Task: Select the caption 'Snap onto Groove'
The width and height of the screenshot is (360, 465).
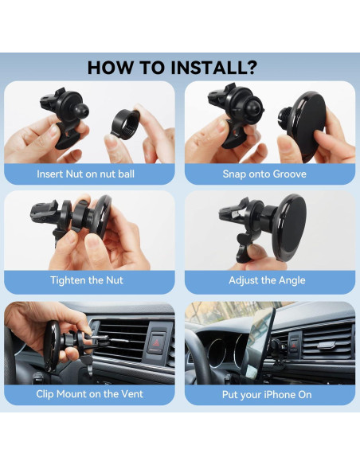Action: point(270,174)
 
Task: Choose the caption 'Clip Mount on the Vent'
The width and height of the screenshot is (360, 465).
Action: point(89,394)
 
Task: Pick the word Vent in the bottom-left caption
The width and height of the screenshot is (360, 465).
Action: point(129,394)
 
